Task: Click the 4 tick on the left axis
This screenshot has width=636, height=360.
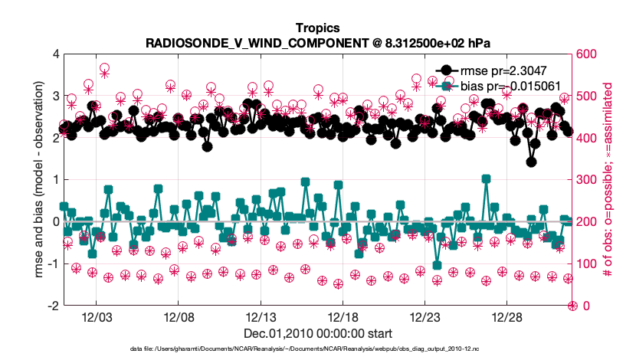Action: (x=54, y=54)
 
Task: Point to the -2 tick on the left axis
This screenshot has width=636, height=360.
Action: (x=52, y=306)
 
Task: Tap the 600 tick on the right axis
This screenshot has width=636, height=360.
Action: (x=588, y=54)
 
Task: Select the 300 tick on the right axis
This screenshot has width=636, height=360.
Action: (x=588, y=180)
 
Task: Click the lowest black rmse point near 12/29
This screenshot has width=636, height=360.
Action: (x=531, y=162)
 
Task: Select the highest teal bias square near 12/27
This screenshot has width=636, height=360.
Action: (x=486, y=178)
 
